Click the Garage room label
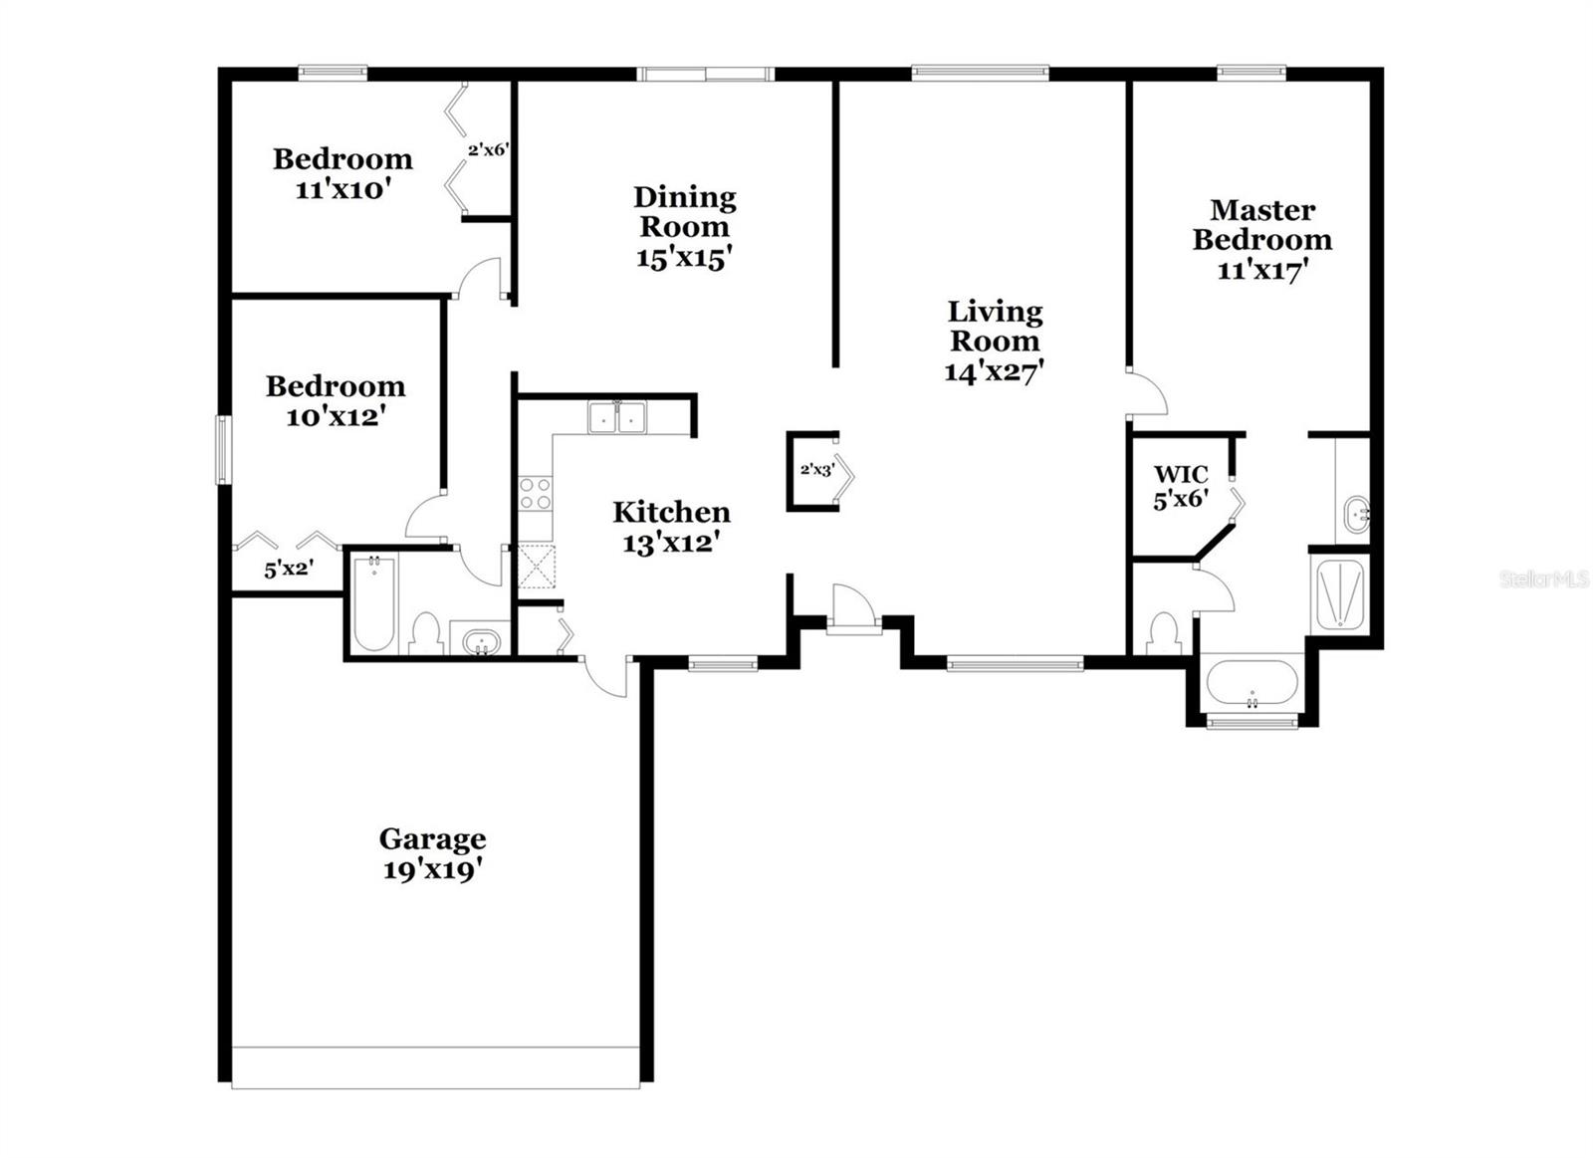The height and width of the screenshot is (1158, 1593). [432, 838]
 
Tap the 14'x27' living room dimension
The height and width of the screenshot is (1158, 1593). [994, 371]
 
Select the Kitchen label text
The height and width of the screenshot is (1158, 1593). [671, 512]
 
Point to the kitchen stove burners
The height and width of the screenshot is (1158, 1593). [535, 494]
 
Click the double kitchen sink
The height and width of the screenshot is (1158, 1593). [616, 417]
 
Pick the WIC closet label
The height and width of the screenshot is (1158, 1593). [1181, 474]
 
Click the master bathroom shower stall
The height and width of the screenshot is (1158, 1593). [1340, 594]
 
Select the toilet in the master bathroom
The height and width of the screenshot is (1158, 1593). [1163, 633]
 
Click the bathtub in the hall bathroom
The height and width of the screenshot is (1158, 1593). [374, 604]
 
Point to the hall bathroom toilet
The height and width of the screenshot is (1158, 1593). [425, 632]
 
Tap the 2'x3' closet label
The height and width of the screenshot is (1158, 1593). [816, 470]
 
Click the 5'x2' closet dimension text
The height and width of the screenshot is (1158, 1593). [289, 571]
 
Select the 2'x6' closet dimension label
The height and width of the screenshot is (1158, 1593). [489, 150]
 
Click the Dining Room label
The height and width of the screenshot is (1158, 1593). [685, 211]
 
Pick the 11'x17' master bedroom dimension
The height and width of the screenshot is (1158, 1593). [1261, 270]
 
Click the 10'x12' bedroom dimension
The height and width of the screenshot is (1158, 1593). [336, 416]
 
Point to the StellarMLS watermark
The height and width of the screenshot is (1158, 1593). [1544, 579]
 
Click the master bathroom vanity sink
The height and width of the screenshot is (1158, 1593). [1355, 515]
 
